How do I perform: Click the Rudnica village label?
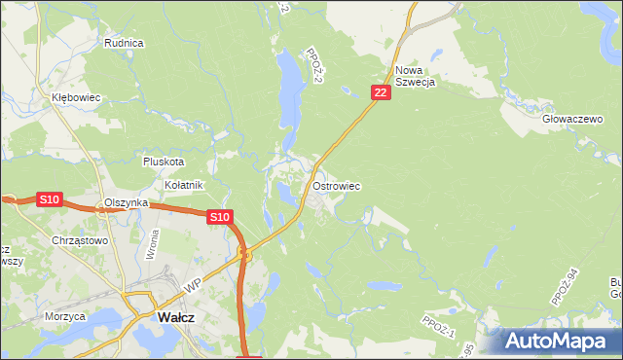coord(125,43)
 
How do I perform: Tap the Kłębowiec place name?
coord(77,98)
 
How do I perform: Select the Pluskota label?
coord(163,162)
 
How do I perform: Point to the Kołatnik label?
coord(183,185)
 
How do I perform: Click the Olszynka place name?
coord(126,202)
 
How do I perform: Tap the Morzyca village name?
coord(65,316)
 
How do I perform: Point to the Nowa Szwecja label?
coord(414,76)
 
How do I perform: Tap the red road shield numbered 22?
coord(381,92)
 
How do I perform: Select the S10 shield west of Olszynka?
coord(50,199)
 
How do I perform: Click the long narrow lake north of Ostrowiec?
coord(288,92)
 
